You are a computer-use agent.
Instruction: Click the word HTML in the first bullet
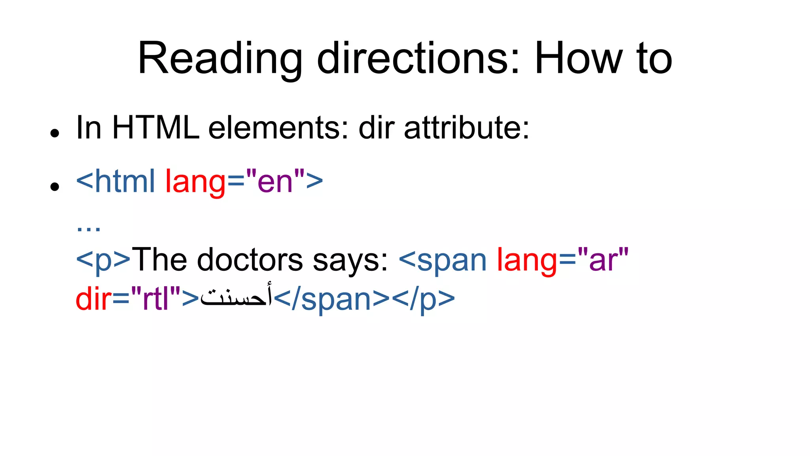pyautogui.click(x=155, y=128)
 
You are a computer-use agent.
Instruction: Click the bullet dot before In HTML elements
pyautogui.click(x=55, y=133)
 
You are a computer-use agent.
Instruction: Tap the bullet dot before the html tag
pyautogui.click(x=55, y=186)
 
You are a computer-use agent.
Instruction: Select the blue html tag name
pyautogui.click(x=125, y=181)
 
